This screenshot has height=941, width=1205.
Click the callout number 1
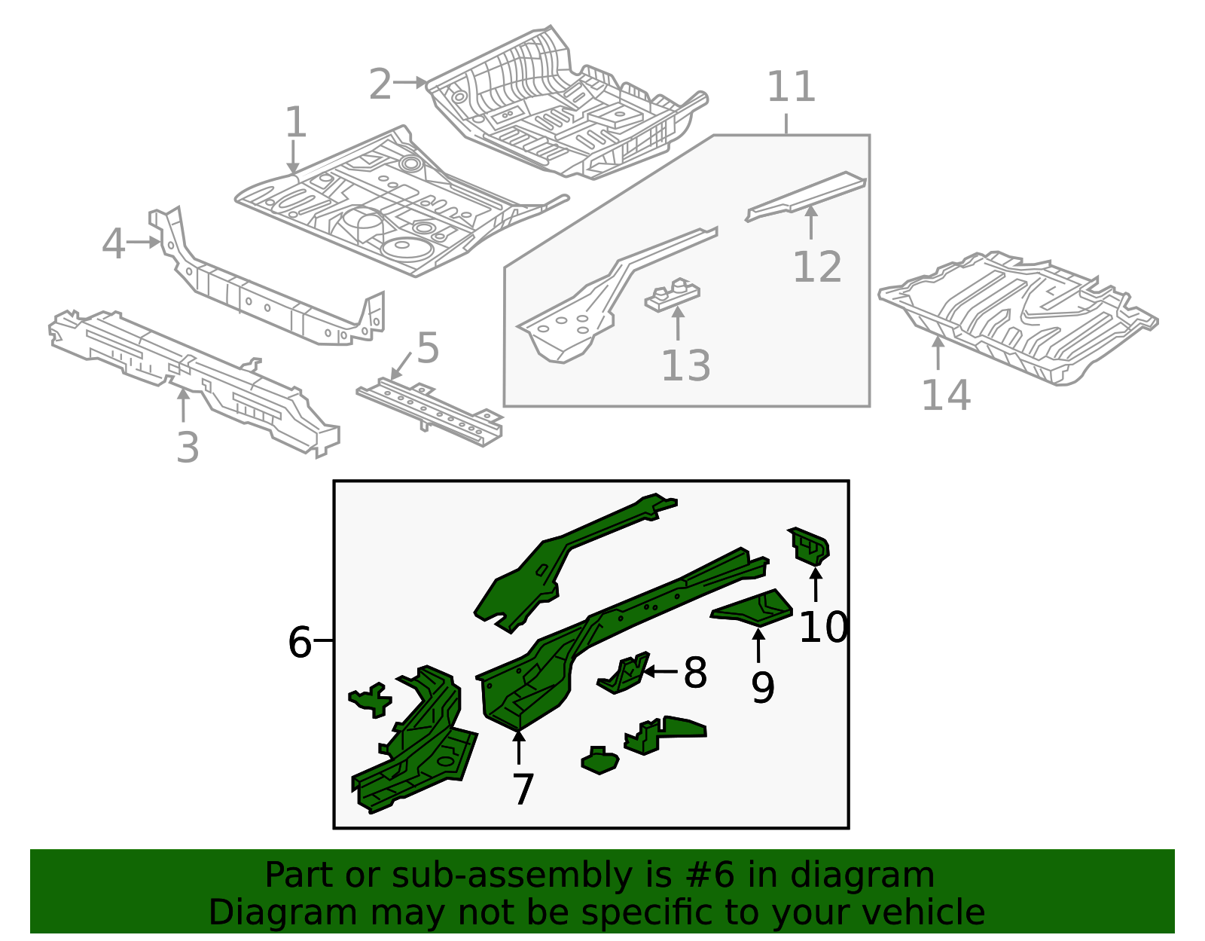click(x=296, y=122)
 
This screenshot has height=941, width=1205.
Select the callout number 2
click(x=380, y=84)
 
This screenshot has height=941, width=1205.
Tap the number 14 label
click(x=946, y=396)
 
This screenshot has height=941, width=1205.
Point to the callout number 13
click(x=685, y=366)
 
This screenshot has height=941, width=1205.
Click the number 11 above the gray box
click(x=791, y=87)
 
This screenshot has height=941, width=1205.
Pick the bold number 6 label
click(x=300, y=643)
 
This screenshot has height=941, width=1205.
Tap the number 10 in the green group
click(x=823, y=627)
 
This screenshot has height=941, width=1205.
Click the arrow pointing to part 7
click(x=519, y=747)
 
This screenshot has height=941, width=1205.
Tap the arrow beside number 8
click(x=660, y=671)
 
